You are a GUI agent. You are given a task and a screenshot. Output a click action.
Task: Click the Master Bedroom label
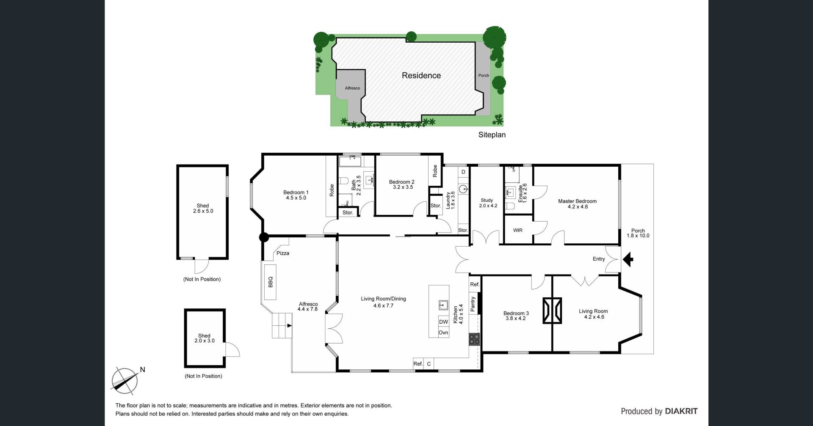577,201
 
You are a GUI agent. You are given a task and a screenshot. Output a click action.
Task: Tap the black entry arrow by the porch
628,259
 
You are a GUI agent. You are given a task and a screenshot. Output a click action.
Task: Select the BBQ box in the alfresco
270,282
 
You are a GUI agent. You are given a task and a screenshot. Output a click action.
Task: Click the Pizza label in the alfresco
283,253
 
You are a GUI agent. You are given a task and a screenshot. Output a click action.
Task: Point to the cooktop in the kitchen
474,339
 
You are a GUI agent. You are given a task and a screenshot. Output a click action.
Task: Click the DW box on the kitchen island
443,322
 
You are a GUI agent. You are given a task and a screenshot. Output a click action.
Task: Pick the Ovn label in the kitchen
443,333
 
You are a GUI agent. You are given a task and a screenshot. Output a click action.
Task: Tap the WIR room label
518,230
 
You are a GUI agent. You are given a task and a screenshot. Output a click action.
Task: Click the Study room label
487,201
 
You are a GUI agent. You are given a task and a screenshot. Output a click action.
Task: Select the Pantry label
473,304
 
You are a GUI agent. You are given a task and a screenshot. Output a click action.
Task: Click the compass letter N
142,370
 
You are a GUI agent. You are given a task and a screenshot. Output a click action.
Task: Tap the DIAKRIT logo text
681,411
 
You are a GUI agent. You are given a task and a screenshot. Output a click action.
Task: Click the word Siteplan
492,135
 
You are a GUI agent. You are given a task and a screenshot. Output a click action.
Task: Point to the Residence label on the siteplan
421,75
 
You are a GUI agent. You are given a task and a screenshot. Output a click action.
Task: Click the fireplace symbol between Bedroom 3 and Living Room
553,311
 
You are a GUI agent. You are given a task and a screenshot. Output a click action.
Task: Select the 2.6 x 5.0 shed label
203,211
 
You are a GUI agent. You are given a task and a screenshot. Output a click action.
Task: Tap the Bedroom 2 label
402,182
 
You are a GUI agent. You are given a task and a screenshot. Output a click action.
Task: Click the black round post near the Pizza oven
264,237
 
